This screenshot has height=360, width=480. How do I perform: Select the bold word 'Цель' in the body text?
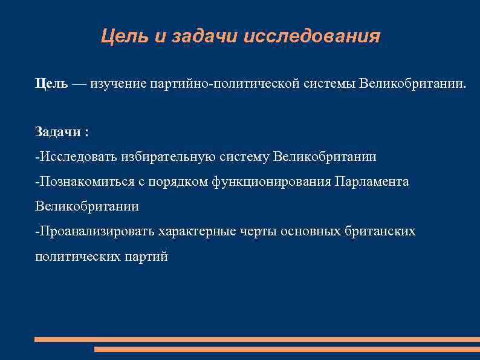point(51,83)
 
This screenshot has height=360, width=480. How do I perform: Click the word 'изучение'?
point(115,83)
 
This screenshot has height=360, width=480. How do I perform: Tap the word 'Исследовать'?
point(77,157)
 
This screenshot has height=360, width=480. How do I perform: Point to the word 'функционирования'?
point(271,182)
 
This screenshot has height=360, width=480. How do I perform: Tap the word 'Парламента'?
point(372,182)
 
